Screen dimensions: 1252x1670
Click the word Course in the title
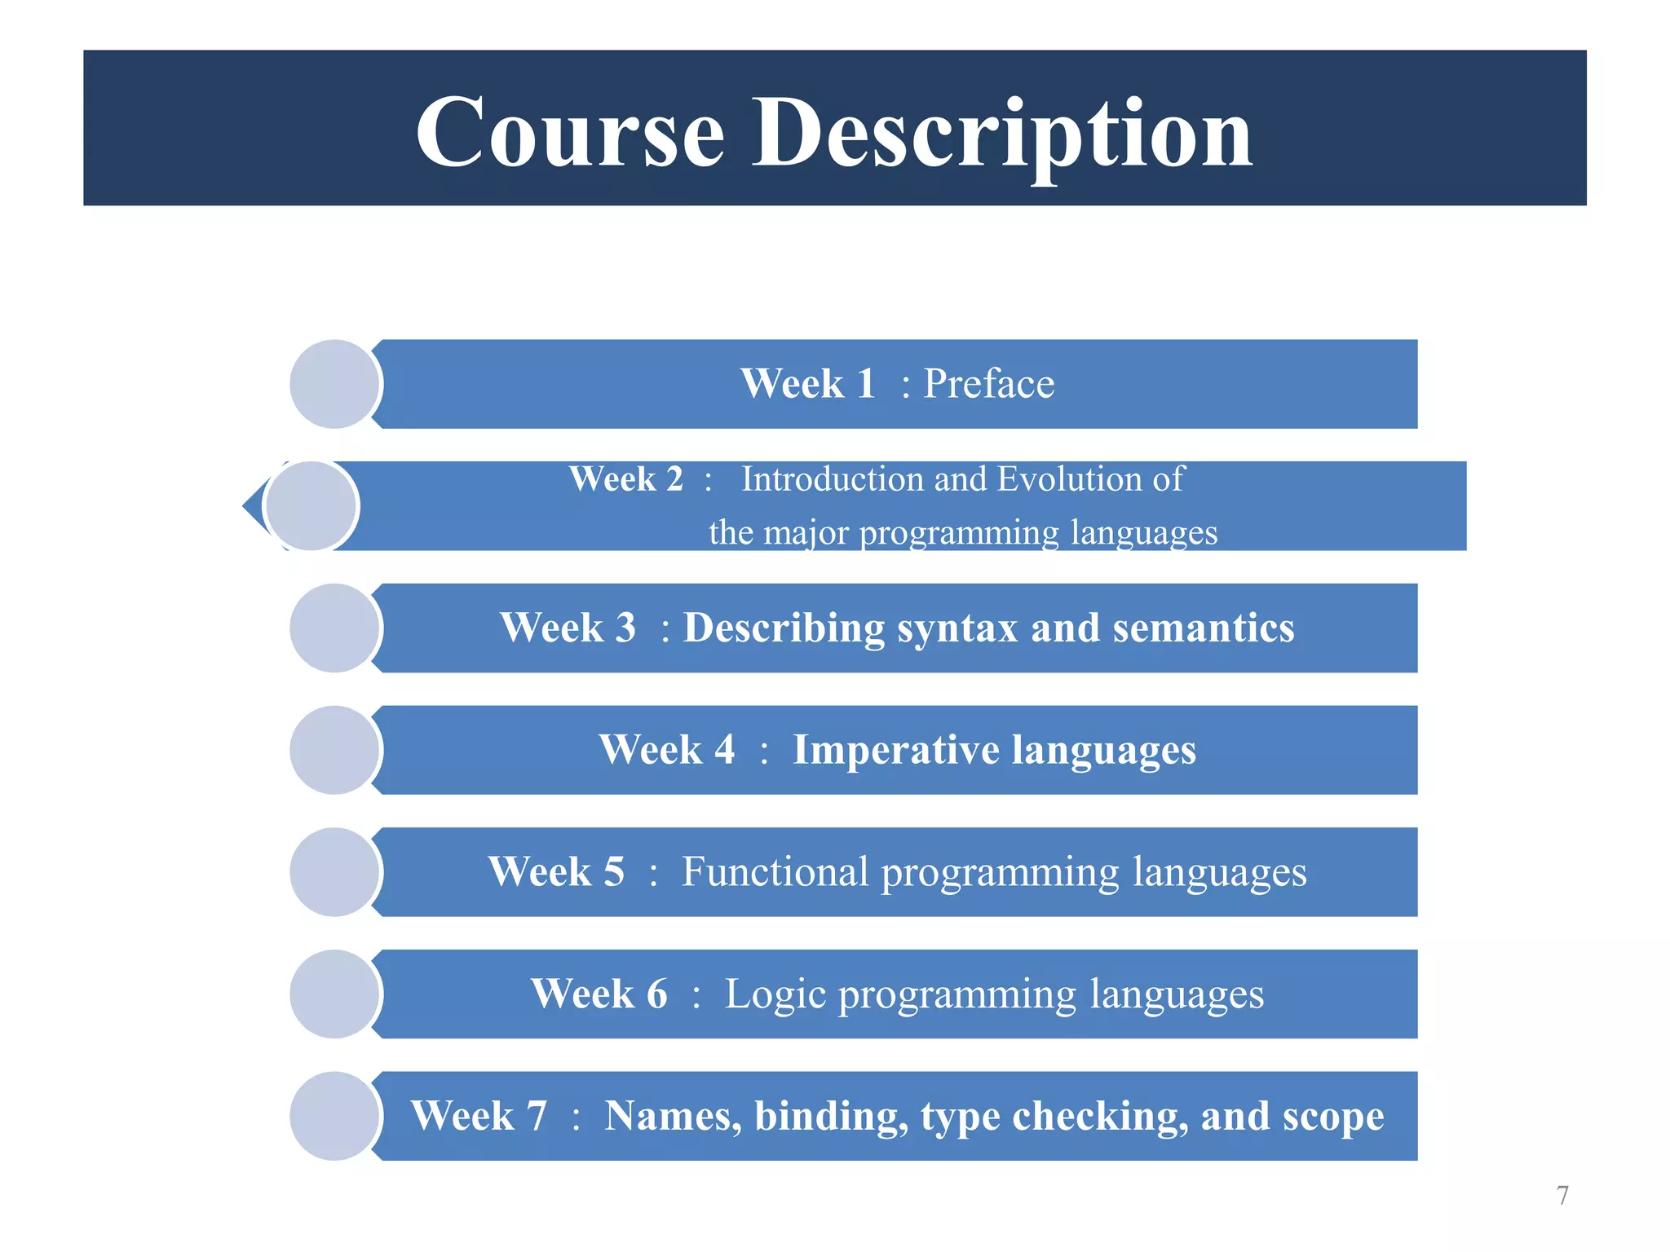pos(570,133)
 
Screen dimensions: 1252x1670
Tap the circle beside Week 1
pos(334,384)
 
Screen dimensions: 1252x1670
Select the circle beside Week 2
pos(311,506)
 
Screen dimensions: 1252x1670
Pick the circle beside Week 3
pos(334,628)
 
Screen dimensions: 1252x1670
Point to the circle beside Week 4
pos(334,750)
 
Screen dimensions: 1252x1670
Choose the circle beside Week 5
pos(334,872)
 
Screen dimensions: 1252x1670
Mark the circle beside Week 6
pos(334,994)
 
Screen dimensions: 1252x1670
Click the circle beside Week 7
pos(334,1116)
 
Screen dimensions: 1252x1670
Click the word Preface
pos(988,384)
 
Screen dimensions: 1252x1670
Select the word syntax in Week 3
pos(957,629)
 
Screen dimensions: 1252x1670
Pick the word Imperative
pos(895,750)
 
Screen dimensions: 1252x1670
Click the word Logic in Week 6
pos(775,995)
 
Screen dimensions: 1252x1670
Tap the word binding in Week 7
pos(831,1117)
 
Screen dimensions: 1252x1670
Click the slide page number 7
pos(1562,1195)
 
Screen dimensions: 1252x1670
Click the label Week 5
pos(556,872)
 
